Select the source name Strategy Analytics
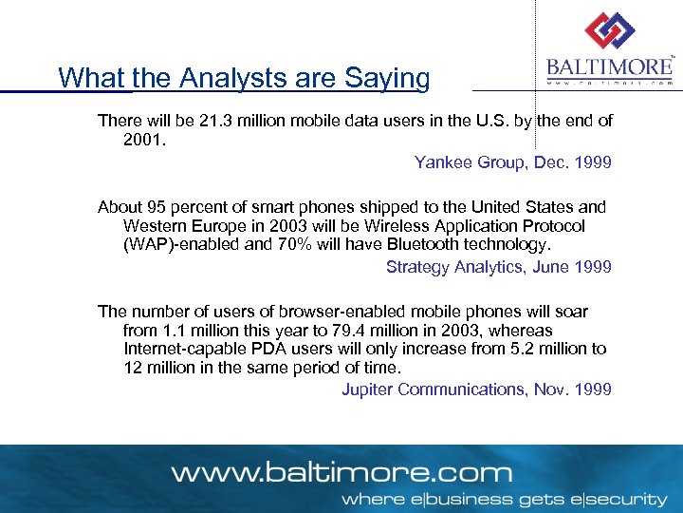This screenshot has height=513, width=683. coord(454,267)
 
